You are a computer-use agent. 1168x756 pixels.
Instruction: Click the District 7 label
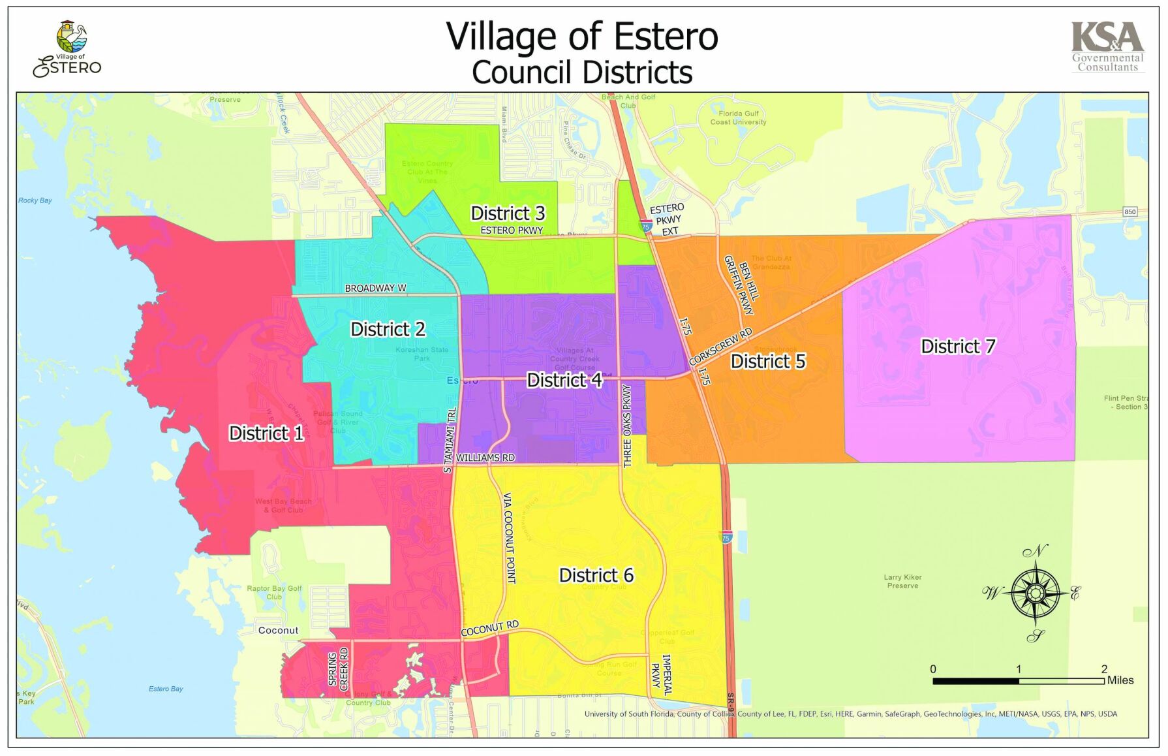pyautogui.click(x=957, y=346)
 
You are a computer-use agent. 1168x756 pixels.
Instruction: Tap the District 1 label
pyautogui.click(x=266, y=433)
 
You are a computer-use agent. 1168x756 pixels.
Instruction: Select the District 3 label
pyautogui.click(x=508, y=213)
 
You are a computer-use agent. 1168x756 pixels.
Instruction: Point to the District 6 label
pyautogui.click(x=596, y=575)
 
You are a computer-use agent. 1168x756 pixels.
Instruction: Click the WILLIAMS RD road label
pyautogui.click(x=485, y=458)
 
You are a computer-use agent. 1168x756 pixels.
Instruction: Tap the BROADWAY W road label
pyautogui.click(x=375, y=288)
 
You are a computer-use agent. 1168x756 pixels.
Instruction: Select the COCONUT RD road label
pyautogui.click(x=489, y=628)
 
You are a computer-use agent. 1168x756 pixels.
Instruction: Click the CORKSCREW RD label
pyautogui.click(x=720, y=347)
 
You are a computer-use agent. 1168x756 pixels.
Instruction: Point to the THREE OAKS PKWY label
pyautogui.click(x=627, y=426)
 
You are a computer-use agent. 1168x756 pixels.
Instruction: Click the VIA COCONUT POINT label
pyautogui.click(x=510, y=538)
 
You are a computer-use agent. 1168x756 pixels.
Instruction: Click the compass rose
pyautogui.click(x=1035, y=593)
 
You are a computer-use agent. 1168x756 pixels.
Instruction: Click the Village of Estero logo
pyautogui.click(x=68, y=49)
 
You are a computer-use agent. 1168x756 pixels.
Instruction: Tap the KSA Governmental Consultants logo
pyautogui.click(x=1107, y=47)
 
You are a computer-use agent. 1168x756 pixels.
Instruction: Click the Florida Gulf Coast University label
pyautogui.click(x=738, y=118)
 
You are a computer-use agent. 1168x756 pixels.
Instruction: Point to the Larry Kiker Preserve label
pyautogui.click(x=902, y=581)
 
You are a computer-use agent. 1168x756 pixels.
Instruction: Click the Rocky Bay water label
pyautogui.click(x=35, y=200)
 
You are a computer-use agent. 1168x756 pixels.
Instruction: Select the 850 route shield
pyautogui.click(x=1130, y=212)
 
